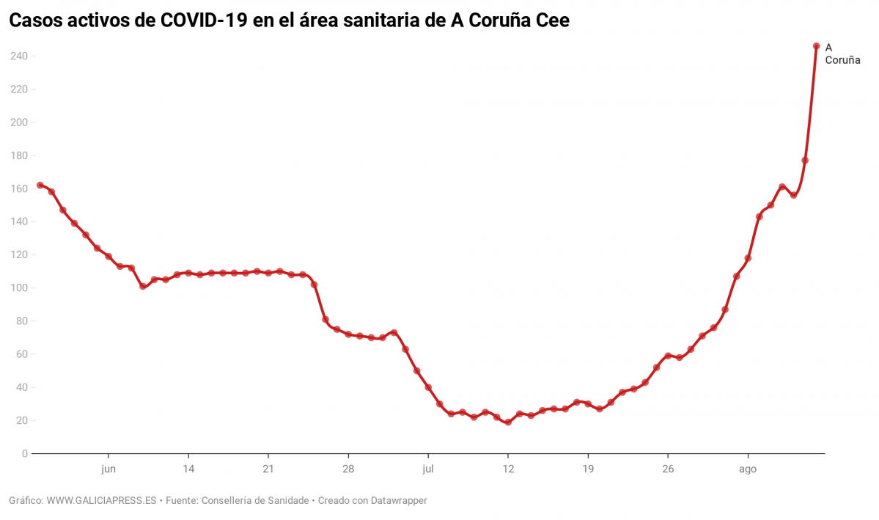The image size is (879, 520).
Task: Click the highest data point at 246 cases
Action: click(816, 46)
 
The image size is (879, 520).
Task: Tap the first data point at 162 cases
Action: click(40, 185)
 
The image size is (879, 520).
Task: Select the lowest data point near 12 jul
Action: click(508, 422)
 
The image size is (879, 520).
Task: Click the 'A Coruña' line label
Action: click(842, 54)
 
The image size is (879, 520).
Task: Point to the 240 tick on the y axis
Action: click(19, 56)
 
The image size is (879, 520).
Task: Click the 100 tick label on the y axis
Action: click(19, 288)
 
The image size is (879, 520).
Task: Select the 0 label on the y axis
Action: click(24, 454)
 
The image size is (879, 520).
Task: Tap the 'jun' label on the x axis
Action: click(109, 469)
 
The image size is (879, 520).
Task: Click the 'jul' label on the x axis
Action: click(428, 469)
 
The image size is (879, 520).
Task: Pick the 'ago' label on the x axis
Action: click(748, 469)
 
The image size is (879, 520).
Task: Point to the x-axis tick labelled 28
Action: click(348, 469)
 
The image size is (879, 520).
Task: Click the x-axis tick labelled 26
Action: click(668, 469)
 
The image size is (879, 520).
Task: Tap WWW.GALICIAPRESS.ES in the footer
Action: click(101, 501)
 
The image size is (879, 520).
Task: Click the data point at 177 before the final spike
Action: click(805, 160)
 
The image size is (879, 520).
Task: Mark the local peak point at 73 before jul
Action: click(394, 333)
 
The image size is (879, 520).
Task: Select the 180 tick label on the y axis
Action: click(19, 155)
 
